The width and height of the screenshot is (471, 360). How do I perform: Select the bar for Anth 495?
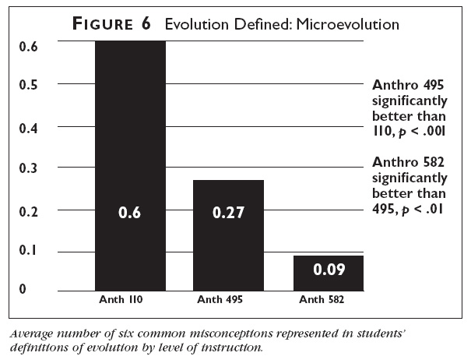coord(229,234)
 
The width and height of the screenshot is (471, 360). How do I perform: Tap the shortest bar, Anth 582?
coord(327,273)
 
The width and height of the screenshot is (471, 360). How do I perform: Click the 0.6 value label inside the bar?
coord(130,212)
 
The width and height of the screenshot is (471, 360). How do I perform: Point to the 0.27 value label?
coord(229,212)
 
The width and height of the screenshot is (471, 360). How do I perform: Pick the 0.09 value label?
coord(327,270)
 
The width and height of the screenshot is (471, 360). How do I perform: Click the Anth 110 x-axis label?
coord(130,298)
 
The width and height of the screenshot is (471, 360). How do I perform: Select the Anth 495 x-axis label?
coord(229,298)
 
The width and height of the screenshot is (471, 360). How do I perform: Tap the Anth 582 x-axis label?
coord(327,298)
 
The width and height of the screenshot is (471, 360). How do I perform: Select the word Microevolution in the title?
coord(353,25)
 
